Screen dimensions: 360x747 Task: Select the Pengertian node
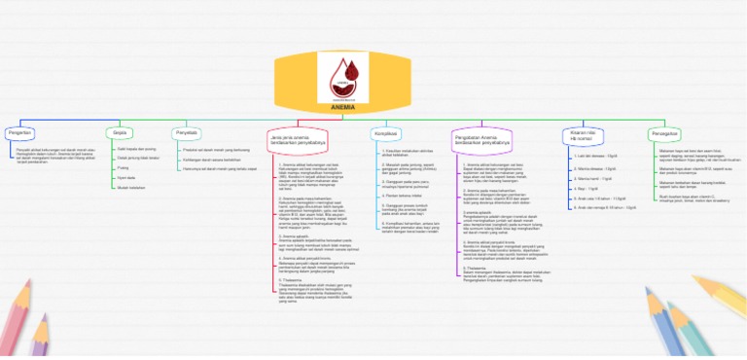(x=20, y=132)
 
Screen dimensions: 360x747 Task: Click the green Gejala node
(x=121, y=132)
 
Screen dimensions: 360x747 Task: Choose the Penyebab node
(x=187, y=132)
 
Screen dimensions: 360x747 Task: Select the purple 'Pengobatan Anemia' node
(x=485, y=138)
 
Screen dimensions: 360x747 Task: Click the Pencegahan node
(x=664, y=132)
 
